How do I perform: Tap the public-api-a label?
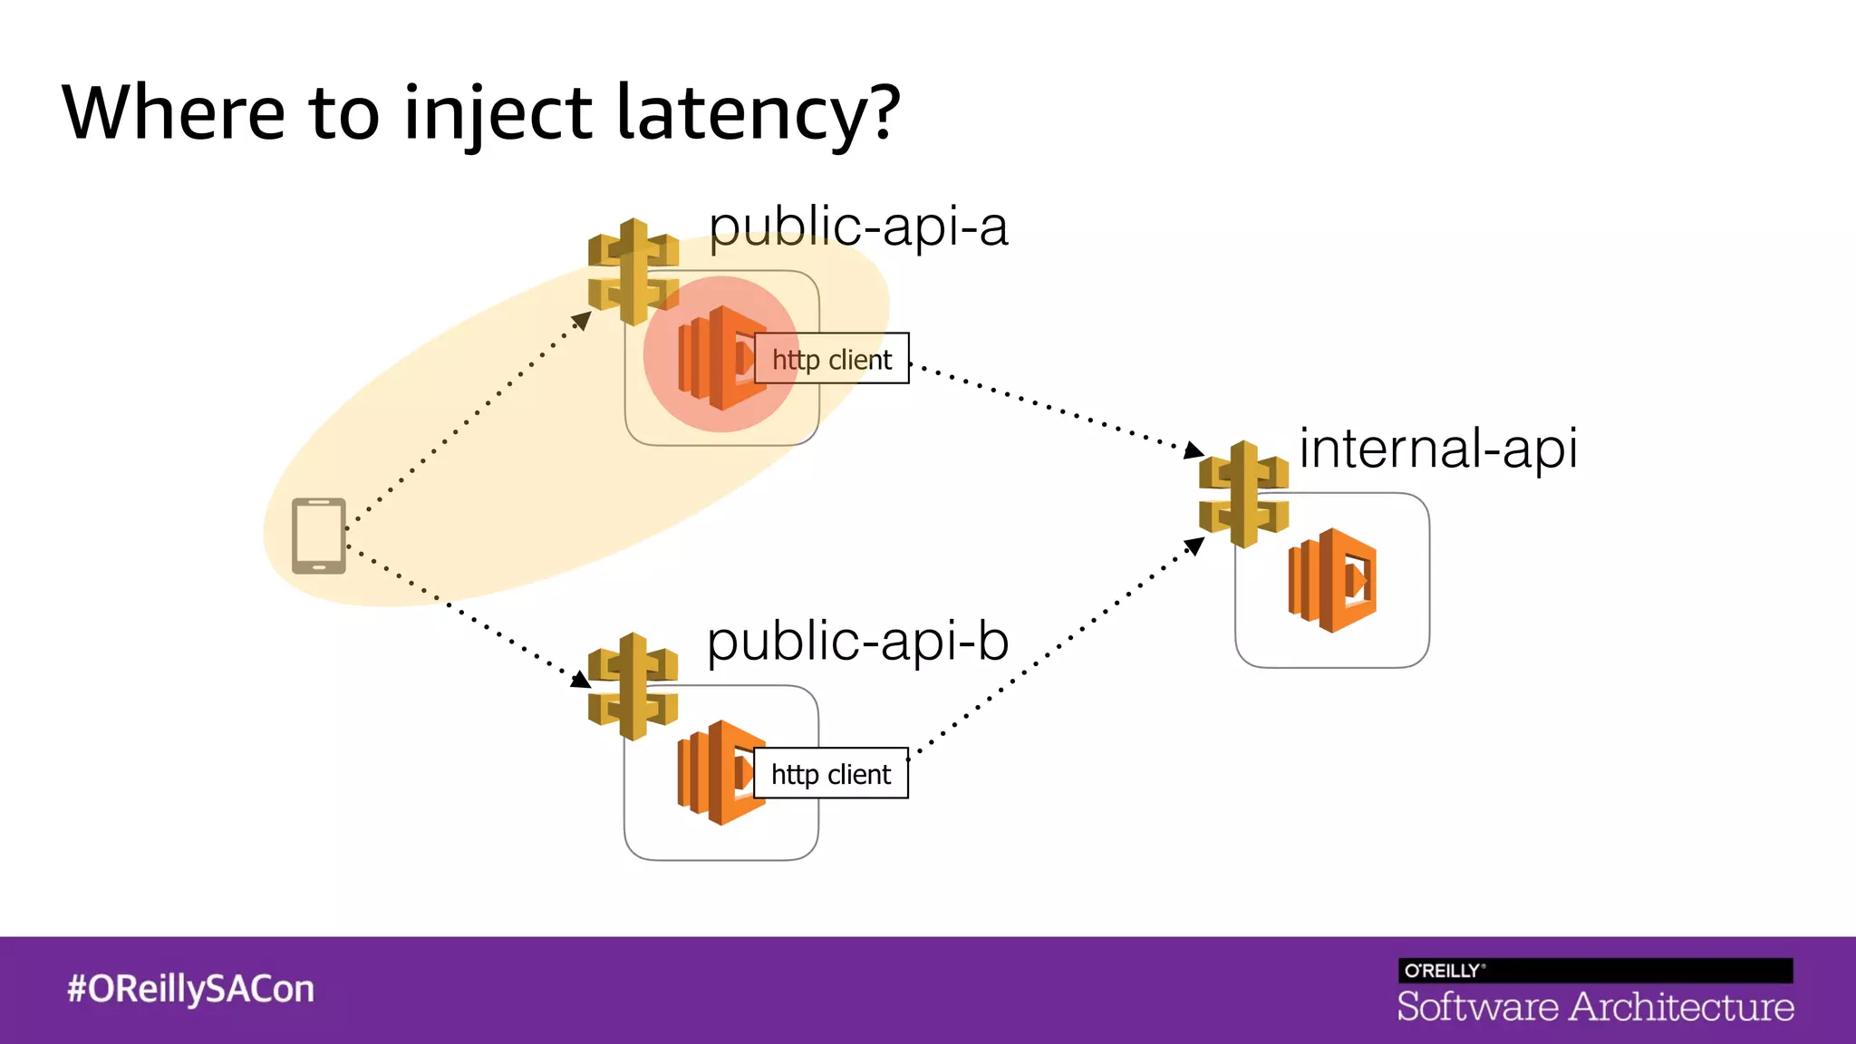[857, 226]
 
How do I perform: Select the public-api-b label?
[857, 641]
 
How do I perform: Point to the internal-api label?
[1438, 448]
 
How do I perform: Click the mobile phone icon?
[319, 536]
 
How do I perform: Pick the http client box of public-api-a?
[831, 359]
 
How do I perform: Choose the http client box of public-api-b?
[830, 773]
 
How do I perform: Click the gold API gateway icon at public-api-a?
[633, 271]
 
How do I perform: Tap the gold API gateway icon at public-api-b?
[633, 686]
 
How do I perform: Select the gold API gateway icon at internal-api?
[1243, 494]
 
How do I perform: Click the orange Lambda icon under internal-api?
[1332, 580]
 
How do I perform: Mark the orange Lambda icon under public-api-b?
[716, 772]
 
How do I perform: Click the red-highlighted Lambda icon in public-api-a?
[716, 357]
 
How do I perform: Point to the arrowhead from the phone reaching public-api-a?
[582, 320]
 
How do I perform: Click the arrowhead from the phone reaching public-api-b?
[580, 680]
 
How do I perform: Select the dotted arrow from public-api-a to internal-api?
[1051, 407]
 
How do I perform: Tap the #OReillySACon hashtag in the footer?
[190, 989]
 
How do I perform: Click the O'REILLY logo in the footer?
[1444, 971]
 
